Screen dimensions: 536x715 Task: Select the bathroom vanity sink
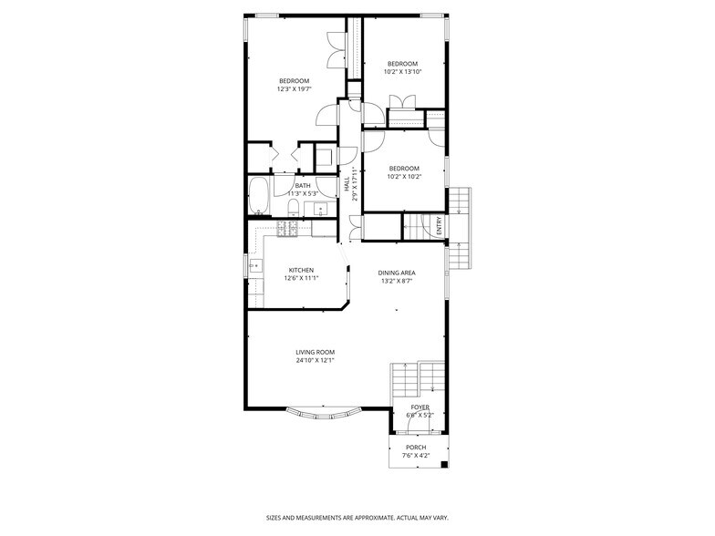pyautogui.click(x=320, y=211)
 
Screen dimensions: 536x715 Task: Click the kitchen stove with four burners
pyautogui.click(x=286, y=230)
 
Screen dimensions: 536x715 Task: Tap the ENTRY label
pyautogui.click(x=439, y=225)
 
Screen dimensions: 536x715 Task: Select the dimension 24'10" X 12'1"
pyautogui.click(x=315, y=360)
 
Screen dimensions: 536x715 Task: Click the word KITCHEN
pyautogui.click(x=301, y=270)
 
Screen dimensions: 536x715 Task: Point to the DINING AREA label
pyautogui.click(x=398, y=273)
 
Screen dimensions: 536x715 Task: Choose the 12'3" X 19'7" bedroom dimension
pyautogui.click(x=294, y=89)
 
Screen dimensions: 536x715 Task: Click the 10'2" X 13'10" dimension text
pyautogui.click(x=401, y=72)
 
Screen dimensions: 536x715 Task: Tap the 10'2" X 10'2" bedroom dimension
pyautogui.click(x=403, y=177)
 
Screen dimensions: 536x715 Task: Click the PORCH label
pyautogui.click(x=416, y=447)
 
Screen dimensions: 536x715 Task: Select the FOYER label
pyautogui.click(x=420, y=407)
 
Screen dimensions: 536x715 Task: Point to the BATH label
pyautogui.click(x=302, y=185)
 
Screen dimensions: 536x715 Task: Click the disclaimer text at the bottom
pyautogui.click(x=357, y=516)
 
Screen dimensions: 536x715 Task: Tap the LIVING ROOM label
pyautogui.click(x=315, y=352)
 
